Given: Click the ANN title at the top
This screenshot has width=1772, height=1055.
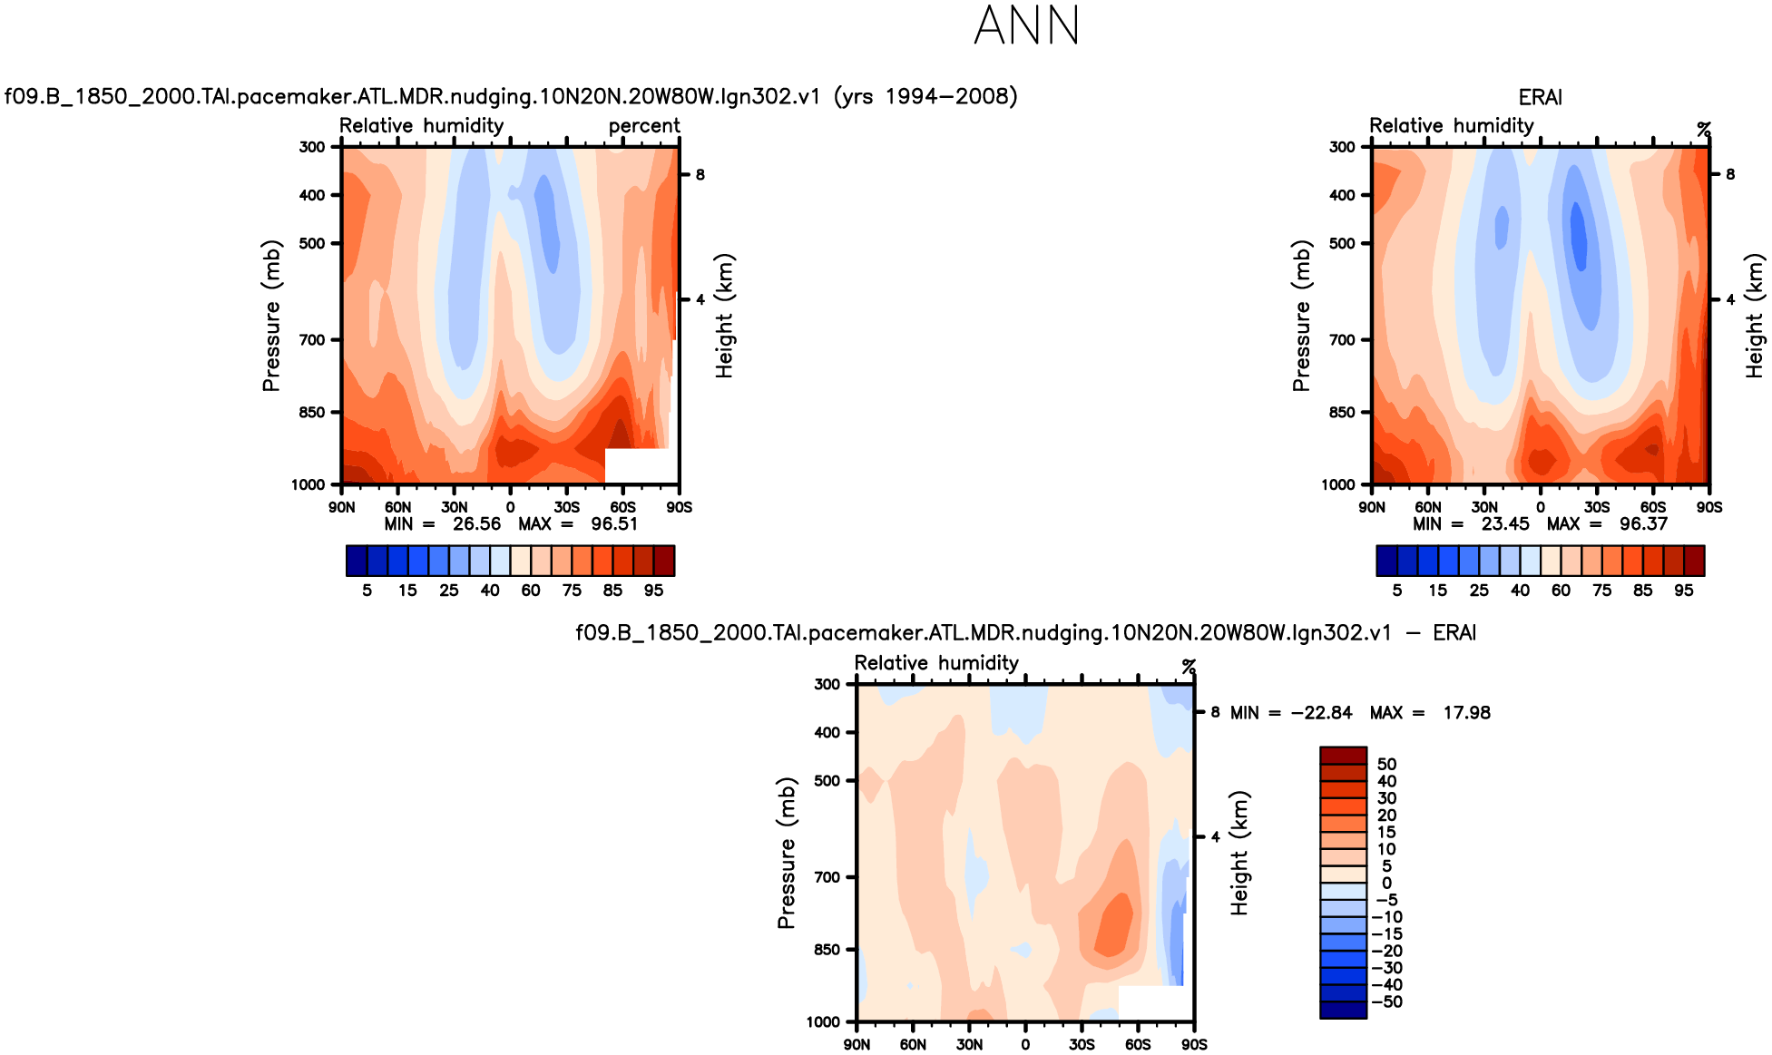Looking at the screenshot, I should click(x=1026, y=25).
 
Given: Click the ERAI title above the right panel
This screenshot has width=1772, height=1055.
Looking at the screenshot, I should click(x=1540, y=97).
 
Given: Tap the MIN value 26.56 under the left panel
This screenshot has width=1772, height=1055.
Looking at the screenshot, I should click(x=476, y=523).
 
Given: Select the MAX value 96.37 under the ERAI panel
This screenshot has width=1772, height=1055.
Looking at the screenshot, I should click(x=1643, y=523).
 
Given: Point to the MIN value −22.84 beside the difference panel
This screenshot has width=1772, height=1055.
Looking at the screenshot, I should click(x=1321, y=712).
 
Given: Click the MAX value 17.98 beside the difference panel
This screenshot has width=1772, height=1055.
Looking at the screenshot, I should click(x=1466, y=712).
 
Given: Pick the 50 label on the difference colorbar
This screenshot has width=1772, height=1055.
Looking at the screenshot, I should click(x=1386, y=764).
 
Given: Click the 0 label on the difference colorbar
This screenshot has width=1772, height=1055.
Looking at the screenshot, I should click(x=1386, y=883).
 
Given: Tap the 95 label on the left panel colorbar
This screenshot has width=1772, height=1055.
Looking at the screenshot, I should click(x=653, y=590).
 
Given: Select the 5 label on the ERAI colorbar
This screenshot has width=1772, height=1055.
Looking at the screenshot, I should click(x=1397, y=590).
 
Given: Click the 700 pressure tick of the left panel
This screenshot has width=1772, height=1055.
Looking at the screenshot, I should click(x=312, y=340).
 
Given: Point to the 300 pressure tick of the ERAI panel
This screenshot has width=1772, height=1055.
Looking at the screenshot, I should click(x=1342, y=147).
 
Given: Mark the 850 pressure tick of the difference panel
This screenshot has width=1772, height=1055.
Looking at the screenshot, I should click(x=827, y=950).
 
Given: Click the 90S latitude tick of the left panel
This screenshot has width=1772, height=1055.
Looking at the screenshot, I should click(x=679, y=507).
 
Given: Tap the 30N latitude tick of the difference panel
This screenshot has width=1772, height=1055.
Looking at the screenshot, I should click(x=969, y=1044).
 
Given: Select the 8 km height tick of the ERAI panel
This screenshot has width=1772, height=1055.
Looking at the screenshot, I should click(x=1729, y=174).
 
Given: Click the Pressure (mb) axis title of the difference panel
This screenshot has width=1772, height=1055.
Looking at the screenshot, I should click(x=786, y=853).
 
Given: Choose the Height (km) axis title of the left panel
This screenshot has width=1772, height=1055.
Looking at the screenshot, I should click(x=724, y=316).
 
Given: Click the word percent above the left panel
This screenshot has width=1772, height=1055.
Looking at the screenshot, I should click(x=644, y=125).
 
